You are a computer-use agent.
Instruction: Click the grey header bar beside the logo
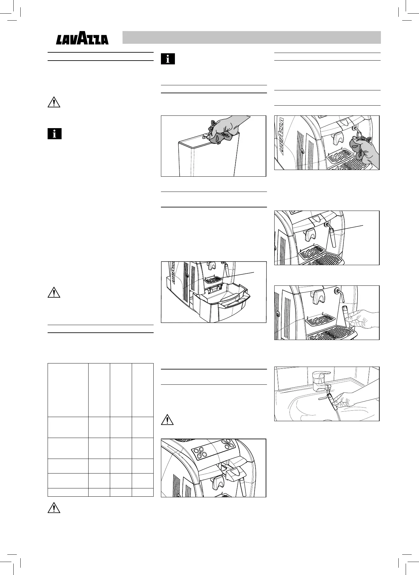[251, 37]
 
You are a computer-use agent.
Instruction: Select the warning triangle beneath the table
[54, 508]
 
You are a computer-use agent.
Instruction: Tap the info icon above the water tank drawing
[168, 59]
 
